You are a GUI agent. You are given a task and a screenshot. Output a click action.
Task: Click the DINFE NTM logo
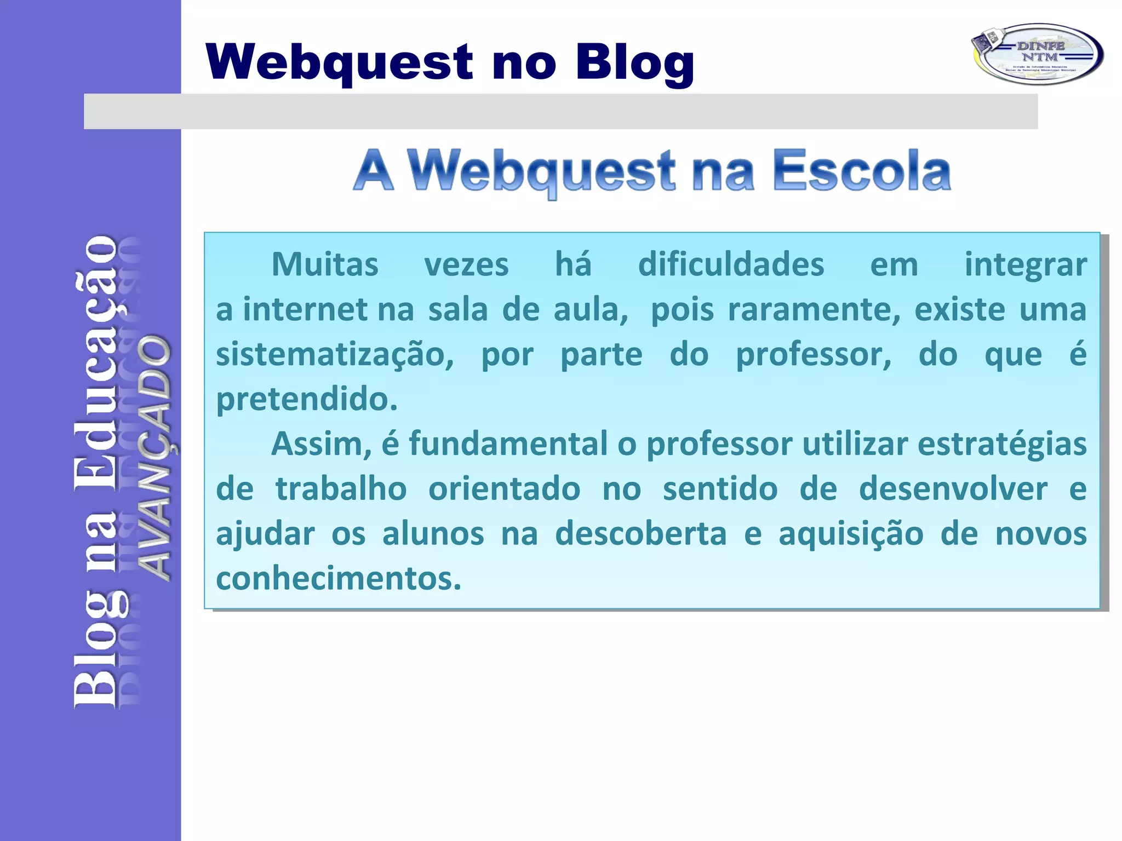[1037, 54]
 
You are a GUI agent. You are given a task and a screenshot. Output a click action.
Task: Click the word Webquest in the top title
[339, 62]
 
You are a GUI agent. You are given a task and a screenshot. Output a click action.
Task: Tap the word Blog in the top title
[634, 62]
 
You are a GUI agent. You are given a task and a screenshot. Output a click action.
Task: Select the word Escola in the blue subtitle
[862, 171]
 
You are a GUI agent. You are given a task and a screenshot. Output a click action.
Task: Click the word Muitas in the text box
[325, 265]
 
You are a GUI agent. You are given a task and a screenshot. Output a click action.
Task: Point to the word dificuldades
[731, 265]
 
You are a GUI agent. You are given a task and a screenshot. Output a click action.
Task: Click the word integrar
[1026, 265]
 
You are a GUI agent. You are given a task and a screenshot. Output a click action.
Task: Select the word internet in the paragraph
[305, 310]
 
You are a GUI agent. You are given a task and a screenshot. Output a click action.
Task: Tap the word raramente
[814, 310]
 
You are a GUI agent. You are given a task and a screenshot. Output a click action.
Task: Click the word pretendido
[306, 400]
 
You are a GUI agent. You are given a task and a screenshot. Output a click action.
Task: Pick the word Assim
[321, 444]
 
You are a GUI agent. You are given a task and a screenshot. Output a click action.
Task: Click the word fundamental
[508, 444]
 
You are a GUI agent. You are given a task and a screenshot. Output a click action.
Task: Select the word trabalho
[341, 489]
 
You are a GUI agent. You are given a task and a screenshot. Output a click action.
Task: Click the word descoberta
[640, 534]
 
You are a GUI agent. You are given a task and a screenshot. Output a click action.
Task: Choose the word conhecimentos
[339, 579]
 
